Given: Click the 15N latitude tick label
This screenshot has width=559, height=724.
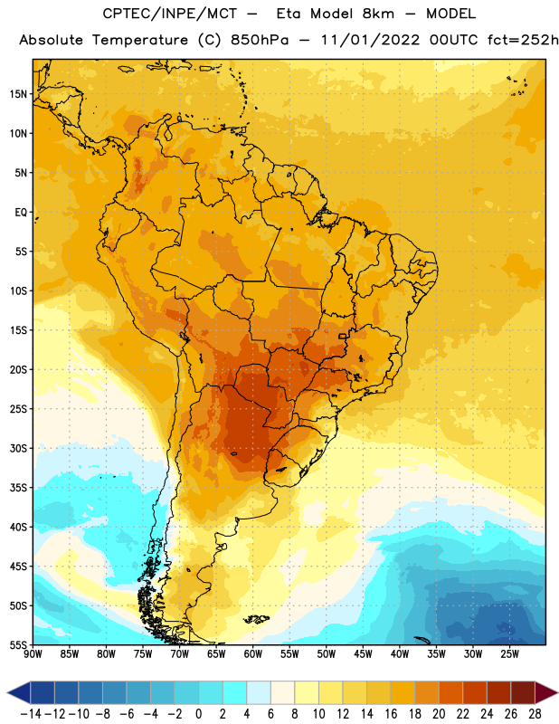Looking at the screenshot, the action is [x=18, y=94].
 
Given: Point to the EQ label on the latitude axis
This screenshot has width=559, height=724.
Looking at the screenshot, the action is [x=21, y=213].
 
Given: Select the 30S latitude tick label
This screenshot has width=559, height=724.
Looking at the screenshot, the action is [x=18, y=448].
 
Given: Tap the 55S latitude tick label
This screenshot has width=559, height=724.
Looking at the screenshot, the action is [x=18, y=645].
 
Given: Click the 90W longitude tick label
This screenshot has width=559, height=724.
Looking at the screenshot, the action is [x=33, y=654].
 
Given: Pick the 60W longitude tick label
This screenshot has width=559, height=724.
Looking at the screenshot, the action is [x=253, y=654].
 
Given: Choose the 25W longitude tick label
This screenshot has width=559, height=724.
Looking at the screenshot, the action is [x=509, y=654].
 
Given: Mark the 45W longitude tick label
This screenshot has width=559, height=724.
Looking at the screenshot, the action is [x=363, y=654].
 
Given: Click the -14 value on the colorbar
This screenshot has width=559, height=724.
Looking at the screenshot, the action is [x=31, y=714].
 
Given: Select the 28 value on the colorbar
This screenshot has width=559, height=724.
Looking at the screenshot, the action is [x=535, y=714].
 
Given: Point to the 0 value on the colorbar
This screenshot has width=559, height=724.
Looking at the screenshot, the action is [x=199, y=714].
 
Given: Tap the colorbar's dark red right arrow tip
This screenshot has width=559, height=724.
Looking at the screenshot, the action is [x=558, y=692].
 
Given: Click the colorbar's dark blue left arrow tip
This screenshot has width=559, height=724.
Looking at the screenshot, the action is [x=7, y=692].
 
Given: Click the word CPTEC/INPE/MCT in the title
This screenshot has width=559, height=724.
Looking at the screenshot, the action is [x=169, y=14].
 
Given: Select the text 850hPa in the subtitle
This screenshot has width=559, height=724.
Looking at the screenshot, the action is [x=260, y=40].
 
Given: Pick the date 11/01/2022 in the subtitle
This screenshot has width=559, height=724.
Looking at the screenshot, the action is [x=370, y=40].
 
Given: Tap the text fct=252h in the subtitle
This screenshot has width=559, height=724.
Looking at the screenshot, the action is [x=523, y=40].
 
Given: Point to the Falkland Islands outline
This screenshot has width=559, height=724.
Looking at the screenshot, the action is [x=256, y=619].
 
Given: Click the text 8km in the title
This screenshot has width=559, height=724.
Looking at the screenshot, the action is [x=378, y=14].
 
